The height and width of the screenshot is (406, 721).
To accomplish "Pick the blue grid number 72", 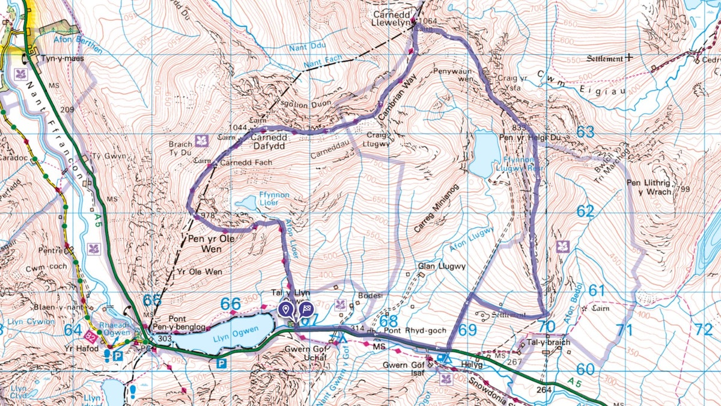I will pyautogui.click(x=703, y=330).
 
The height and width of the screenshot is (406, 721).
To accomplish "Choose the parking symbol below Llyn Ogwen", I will pyautogui.click(x=221, y=364).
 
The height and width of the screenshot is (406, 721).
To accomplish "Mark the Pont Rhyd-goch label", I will pyautogui.click(x=406, y=330).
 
